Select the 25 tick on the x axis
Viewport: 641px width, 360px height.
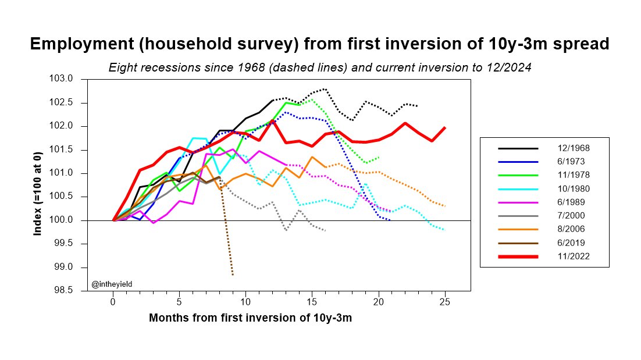(445, 302)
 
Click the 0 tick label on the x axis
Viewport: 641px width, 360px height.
(113, 302)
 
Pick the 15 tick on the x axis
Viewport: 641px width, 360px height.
(312, 302)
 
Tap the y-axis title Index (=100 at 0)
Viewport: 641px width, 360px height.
(38, 185)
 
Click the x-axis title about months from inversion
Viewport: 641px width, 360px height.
(250, 318)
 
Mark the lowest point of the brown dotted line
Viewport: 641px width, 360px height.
(233, 275)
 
